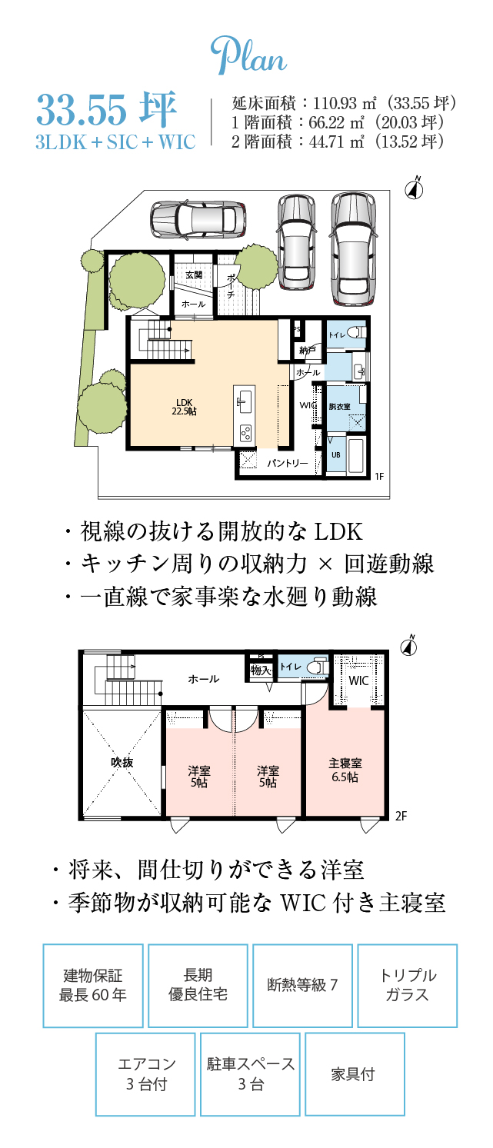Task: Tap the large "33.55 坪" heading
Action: point(107,111)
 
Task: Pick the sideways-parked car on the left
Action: point(197,219)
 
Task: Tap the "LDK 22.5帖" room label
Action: point(185,407)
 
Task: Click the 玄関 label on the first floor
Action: point(194,275)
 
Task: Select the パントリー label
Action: point(287,464)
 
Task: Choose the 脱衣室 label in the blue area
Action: point(339,406)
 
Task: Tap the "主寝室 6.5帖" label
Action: point(345,770)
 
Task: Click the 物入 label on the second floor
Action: point(261,670)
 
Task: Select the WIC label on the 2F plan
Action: point(358,680)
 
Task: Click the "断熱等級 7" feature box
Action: point(302,986)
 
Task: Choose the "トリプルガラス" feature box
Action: point(408,986)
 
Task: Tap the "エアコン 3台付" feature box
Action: point(145,1074)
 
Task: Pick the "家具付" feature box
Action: point(355,1074)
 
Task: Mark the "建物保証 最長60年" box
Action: point(93,986)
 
